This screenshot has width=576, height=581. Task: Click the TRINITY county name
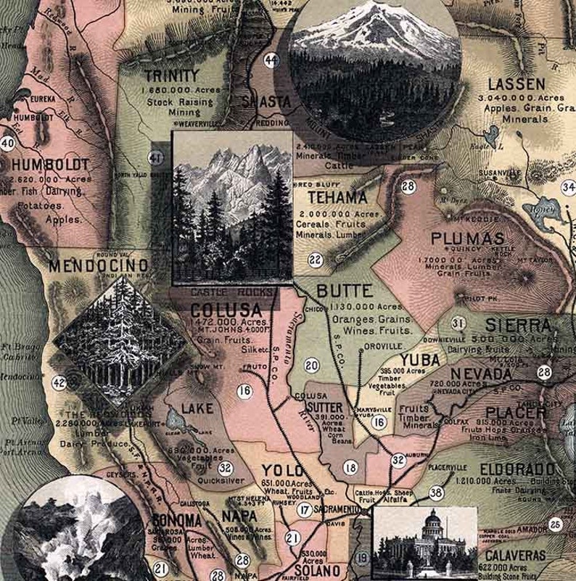[x=171, y=75]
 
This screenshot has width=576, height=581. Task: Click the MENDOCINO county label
[x=99, y=265]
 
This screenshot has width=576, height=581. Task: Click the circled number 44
[x=272, y=59]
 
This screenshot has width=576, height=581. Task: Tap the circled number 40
[x=7, y=143]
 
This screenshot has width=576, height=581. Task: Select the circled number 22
[x=315, y=260]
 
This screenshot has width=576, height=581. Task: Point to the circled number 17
[x=305, y=511]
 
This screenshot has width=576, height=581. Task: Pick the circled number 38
[x=435, y=493]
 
